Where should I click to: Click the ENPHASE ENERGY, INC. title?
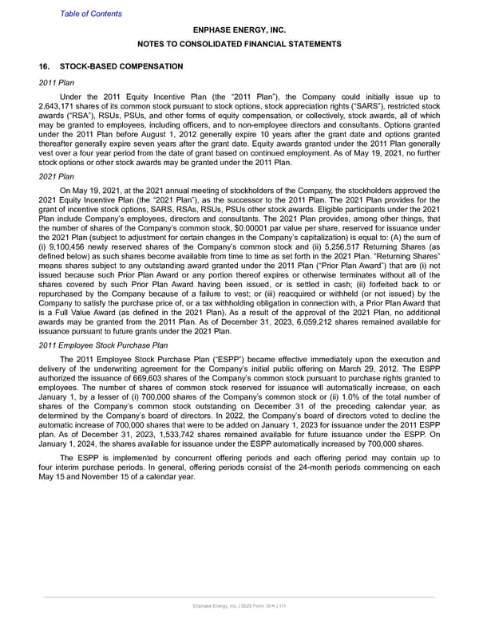point(239,30)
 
